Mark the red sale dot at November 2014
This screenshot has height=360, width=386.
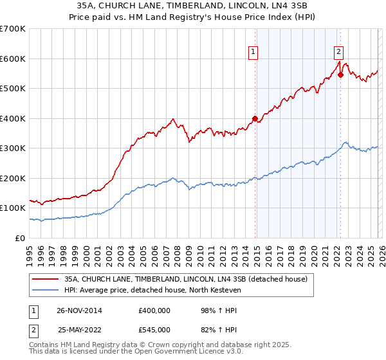pyautogui.click(x=255, y=118)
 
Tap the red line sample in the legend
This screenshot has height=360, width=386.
pyautogui.click(x=46, y=279)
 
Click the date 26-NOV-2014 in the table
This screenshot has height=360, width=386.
pyautogui.click(x=79, y=310)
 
